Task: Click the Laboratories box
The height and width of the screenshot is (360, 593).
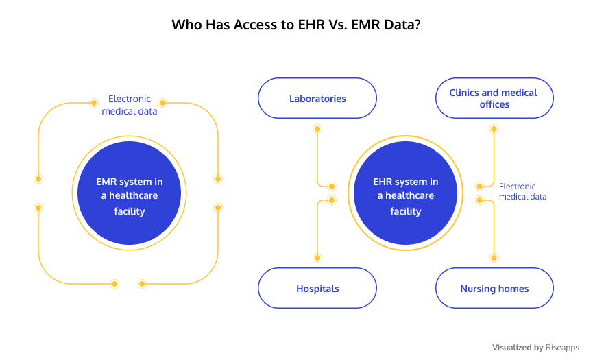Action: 317,98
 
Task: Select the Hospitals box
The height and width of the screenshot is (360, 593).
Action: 317,288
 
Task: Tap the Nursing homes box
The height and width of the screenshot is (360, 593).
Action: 494,288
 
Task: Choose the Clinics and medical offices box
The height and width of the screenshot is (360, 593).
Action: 494,98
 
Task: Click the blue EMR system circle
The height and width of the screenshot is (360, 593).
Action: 130,193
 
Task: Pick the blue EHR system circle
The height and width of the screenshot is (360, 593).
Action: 405,193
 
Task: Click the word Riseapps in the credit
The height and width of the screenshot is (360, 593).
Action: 562,348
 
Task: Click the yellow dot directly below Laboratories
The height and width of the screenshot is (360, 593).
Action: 317,129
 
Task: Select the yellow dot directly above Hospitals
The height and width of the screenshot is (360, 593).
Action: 317,258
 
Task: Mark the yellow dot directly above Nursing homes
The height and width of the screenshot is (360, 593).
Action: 494,258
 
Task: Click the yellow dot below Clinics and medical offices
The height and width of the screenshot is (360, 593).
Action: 494,129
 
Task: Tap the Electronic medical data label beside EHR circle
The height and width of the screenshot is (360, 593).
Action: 522,191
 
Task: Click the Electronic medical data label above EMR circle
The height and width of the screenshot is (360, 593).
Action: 130,105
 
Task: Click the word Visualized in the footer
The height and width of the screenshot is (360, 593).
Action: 512,348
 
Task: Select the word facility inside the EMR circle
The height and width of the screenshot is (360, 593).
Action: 130,211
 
